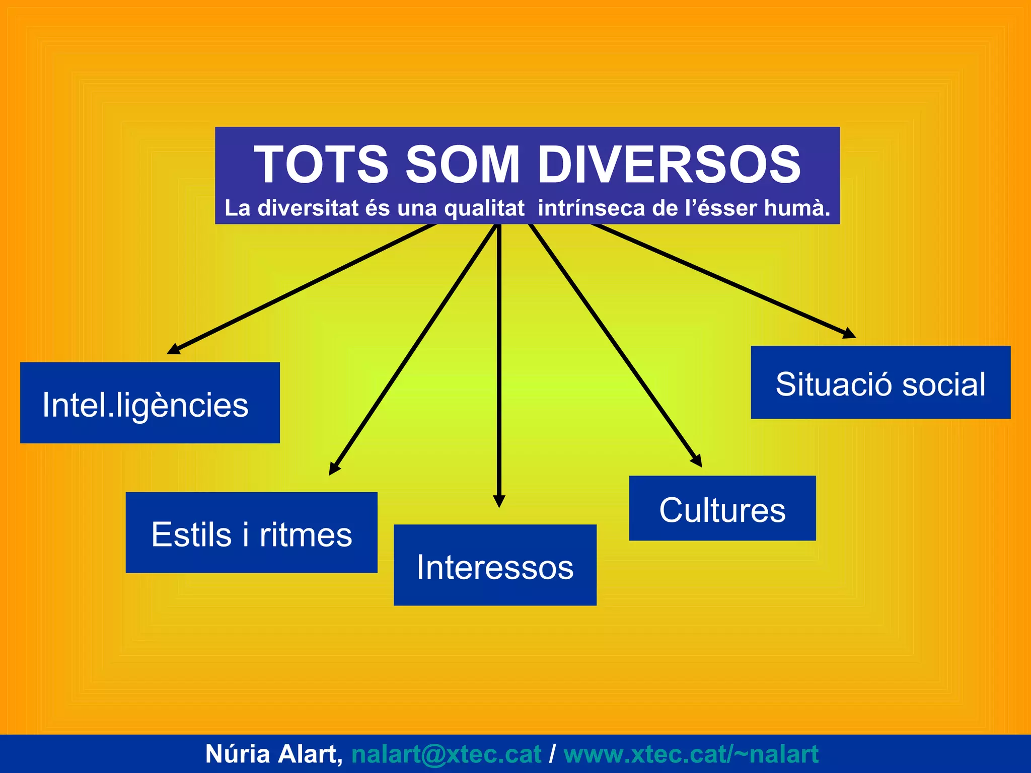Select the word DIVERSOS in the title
pyautogui.click(x=669, y=165)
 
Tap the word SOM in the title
pyautogui.click(x=462, y=165)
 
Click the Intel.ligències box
pyautogui.click(x=150, y=403)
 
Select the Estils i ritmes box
pyautogui.click(x=251, y=532)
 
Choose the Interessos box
pyautogui.click(x=495, y=565)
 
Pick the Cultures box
pyautogui.click(x=722, y=508)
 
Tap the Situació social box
pyautogui.click(x=880, y=382)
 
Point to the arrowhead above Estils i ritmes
pyautogui.click(x=334, y=469)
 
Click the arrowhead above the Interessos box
pyautogui.click(x=499, y=501)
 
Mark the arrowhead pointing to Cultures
pyautogui.click(x=697, y=460)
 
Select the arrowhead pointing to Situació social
pyautogui.click(x=849, y=333)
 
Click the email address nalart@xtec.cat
pyautogui.click(x=446, y=754)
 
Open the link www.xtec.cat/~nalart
pyautogui.click(x=691, y=754)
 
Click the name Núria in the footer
pyautogui.click(x=238, y=754)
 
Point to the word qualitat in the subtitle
pyautogui.click(x=484, y=208)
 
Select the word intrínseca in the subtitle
pyautogui.click(x=591, y=208)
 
